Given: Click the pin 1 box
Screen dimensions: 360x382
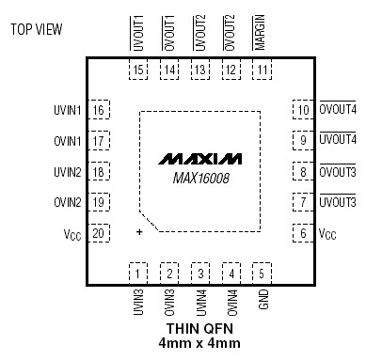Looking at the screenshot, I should tap(139, 274).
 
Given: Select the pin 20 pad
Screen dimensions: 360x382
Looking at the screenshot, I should tap(98, 233).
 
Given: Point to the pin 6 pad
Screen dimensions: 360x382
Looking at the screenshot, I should tap(302, 233).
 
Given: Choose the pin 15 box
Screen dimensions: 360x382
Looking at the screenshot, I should tap(139, 70).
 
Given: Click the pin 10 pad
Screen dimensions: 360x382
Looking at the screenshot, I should tap(302, 110).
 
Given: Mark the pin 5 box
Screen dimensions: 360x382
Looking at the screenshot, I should tap(261, 274).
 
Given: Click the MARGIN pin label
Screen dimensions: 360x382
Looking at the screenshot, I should tap(261, 33).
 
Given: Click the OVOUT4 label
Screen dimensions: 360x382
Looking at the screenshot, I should tap(338, 110).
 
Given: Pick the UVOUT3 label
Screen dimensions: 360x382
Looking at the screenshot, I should tap(338, 202).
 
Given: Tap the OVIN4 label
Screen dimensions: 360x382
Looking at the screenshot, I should tap(231, 305).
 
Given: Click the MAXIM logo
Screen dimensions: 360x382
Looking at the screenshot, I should tap(200, 155).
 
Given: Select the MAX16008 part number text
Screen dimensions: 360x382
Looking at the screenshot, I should tap(200, 175).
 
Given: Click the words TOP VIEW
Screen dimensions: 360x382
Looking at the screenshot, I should tap(37, 29).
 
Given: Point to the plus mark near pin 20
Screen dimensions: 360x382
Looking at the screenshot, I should tap(139, 231).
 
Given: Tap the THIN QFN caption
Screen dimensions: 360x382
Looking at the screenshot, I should tap(199, 329).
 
